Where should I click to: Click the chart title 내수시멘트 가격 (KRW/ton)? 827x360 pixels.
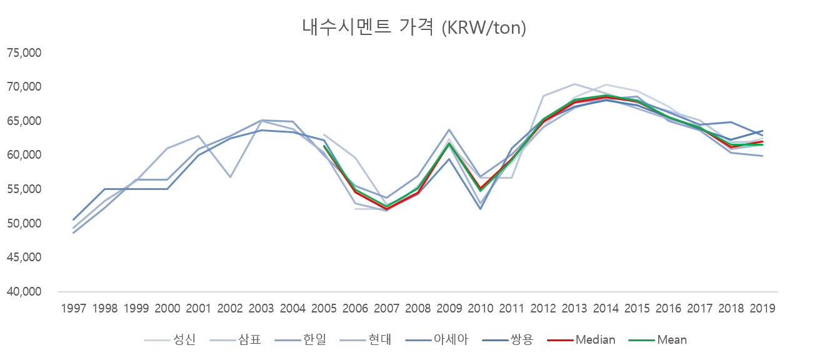(x=414, y=27)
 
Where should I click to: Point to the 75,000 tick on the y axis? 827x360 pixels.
(x=24, y=52)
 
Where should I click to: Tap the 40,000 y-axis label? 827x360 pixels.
(x=24, y=292)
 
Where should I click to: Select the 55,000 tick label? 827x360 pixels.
(x=24, y=189)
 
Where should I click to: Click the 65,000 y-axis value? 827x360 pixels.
(x=24, y=121)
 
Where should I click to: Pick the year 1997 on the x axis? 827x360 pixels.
(x=74, y=308)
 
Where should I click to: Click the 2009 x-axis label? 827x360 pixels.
(x=449, y=308)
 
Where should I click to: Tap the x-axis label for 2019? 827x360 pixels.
(x=763, y=308)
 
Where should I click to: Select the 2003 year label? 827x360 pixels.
(x=261, y=308)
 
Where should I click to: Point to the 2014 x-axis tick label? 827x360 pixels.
(x=606, y=308)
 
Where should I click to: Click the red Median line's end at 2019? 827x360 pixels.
(x=763, y=141)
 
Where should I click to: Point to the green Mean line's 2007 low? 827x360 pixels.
(x=386, y=207)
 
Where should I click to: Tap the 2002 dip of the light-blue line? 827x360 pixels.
(x=230, y=177)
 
